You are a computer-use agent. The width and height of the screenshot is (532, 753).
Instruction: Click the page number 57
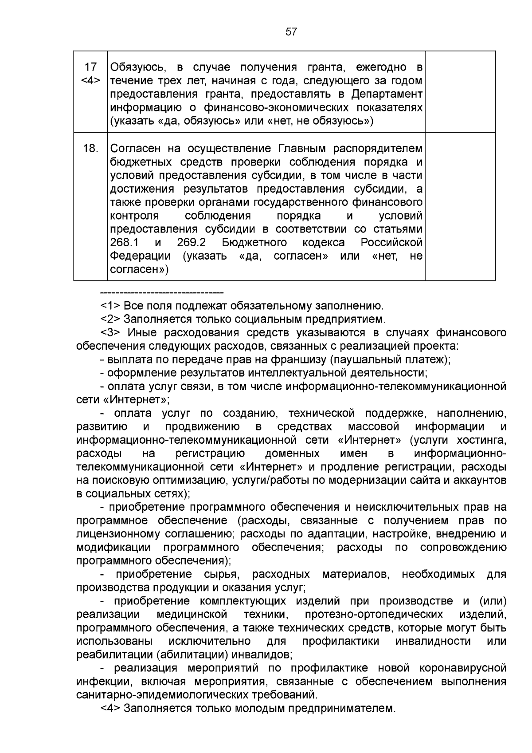pyautogui.click(x=291, y=32)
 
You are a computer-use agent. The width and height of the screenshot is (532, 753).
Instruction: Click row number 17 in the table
pyautogui.click(x=90, y=67)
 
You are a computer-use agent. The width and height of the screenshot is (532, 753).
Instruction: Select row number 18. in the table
pyautogui.click(x=90, y=148)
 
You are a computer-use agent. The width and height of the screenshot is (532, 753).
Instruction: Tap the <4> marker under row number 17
pyautogui.click(x=90, y=80)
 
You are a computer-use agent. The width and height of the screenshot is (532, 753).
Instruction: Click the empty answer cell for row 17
pyautogui.click(x=460, y=91)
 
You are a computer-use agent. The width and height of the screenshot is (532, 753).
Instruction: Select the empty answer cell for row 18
pyautogui.click(x=460, y=206)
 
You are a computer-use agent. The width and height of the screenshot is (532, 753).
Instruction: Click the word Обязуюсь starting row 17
pyautogui.click(x=138, y=67)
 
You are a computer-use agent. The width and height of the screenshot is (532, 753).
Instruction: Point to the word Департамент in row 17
pyautogui.click(x=387, y=94)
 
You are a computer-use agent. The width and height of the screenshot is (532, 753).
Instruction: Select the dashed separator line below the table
pyautogui.click(x=162, y=293)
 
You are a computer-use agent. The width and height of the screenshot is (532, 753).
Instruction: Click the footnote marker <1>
pyautogui.click(x=110, y=306)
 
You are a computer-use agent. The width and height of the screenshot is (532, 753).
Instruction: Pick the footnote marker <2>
pyautogui.click(x=110, y=319)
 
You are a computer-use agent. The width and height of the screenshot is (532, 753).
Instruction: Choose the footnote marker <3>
pyautogui.click(x=110, y=333)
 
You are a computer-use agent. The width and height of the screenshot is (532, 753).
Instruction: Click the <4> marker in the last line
pyautogui.click(x=110, y=708)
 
